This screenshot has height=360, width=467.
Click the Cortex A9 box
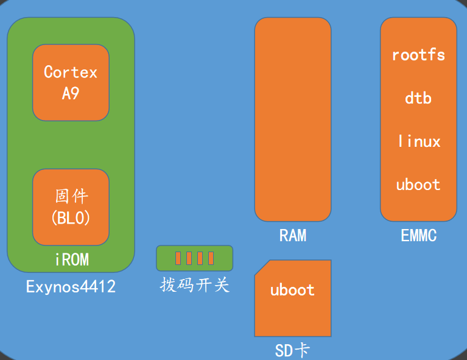click(71, 83)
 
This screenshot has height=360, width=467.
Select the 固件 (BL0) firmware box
click(71, 207)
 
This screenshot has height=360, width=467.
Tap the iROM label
click(72, 259)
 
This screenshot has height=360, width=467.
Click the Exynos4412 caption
click(71, 287)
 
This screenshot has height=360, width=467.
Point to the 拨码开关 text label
click(195, 285)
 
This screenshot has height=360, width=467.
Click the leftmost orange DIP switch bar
click(178, 258)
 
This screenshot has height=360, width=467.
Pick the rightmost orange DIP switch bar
click(211, 258)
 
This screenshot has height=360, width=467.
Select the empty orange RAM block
click(293, 119)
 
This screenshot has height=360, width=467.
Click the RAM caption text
click(293, 235)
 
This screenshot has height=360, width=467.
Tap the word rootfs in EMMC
click(418, 55)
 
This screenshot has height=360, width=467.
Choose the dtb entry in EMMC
click(418, 98)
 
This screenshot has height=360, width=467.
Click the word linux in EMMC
click(420, 141)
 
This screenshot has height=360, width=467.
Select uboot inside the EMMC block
click(418, 185)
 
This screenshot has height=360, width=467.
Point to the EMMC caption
click(419, 235)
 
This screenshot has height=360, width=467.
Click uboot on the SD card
click(292, 290)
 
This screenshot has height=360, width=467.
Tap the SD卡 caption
click(292, 350)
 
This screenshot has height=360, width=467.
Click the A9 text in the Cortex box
click(71, 93)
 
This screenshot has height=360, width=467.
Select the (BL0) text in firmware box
click(71, 218)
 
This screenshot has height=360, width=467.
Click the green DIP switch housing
click(194, 258)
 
